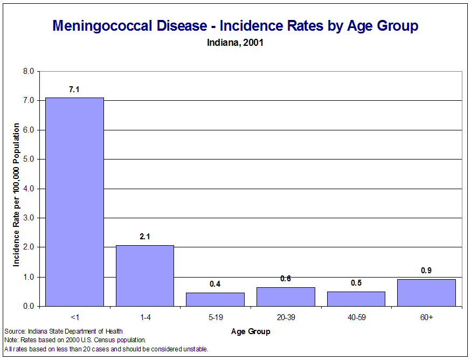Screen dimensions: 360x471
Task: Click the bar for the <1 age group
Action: point(74,202)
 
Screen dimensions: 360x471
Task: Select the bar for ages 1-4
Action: point(145,275)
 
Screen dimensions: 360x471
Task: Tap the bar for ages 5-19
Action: point(215,300)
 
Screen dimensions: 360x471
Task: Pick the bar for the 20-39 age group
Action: point(286,297)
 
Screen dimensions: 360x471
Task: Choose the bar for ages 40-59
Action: point(356,299)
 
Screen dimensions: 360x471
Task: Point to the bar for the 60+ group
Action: point(426,293)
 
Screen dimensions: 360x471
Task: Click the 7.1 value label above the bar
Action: point(74,89)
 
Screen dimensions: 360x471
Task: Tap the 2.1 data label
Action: point(145,237)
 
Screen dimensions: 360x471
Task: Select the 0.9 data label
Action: point(426,271)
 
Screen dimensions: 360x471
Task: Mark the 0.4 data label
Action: point(215,284)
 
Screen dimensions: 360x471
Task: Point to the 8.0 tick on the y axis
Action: point(29,71)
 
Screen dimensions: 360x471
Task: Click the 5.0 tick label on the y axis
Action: point(29,160)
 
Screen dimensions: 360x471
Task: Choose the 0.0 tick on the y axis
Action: point(29,306)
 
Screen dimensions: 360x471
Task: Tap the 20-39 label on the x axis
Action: point(286,317)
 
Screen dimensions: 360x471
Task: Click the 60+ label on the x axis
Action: point(426,317)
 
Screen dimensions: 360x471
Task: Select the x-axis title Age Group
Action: point(251,331)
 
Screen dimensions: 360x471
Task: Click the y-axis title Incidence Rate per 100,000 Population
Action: point(17,195)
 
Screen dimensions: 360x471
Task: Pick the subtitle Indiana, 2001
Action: point(235,43)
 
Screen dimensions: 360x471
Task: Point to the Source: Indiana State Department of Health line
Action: point(63,331)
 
